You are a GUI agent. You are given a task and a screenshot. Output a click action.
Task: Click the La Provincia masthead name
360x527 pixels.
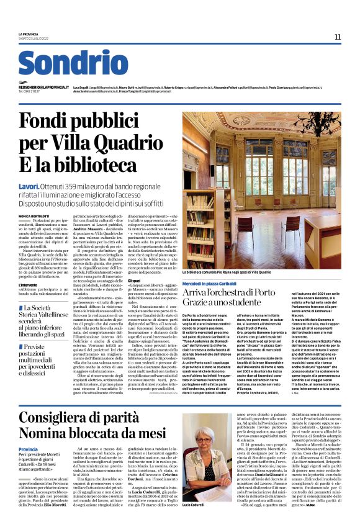(29, 34)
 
